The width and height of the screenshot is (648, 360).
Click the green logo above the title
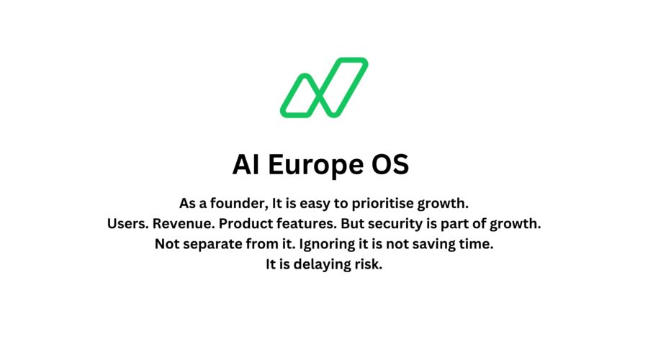coord(324,87)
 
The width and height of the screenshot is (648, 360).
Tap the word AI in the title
coord(247,165)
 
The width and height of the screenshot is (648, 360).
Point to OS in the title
coord(389,165)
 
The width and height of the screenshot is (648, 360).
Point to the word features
coord(312,224)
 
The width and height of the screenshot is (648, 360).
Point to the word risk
coord(368,264)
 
